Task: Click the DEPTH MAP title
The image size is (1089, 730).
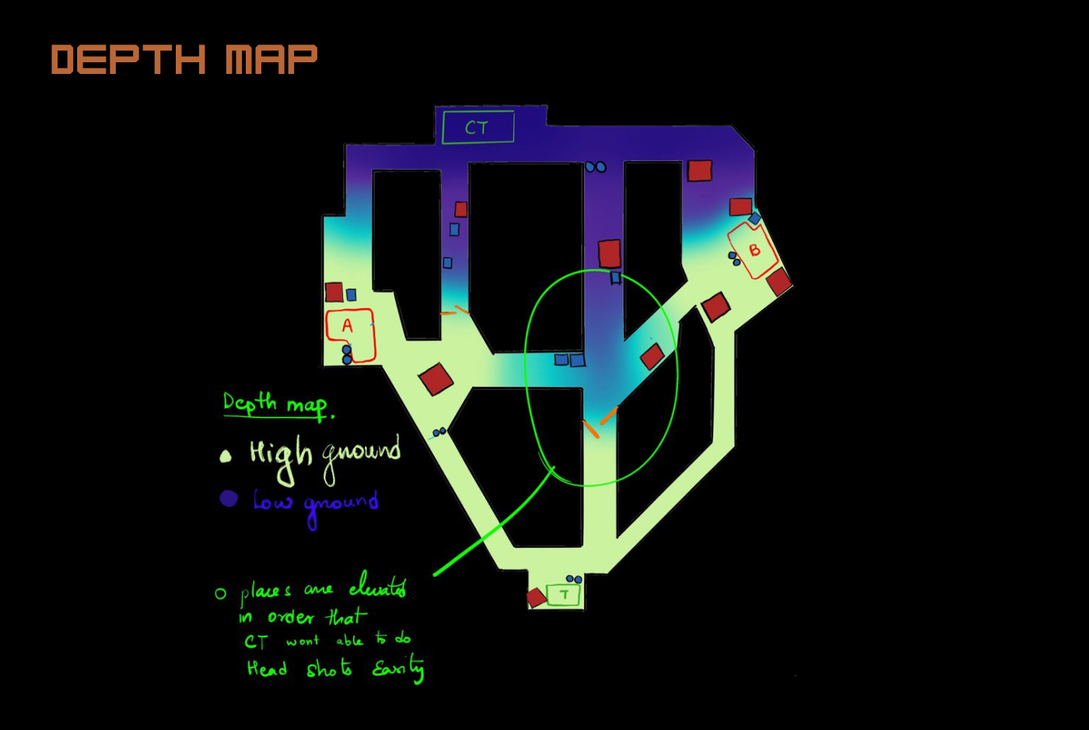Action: coord(184,60)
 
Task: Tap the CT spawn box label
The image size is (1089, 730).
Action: coord(477,128)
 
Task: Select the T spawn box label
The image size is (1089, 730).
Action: coord(564,595)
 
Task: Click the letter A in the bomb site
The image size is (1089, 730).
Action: coord(347,326)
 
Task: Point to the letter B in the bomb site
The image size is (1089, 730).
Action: coord(754,251)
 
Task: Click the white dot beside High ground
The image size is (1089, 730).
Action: coord(226,456)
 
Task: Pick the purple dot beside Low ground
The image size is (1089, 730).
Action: coord(228,498)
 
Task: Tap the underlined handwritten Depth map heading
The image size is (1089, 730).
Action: coord(276,404)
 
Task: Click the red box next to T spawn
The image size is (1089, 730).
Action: coord(536,598)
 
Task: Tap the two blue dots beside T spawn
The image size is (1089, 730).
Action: coord(573,579)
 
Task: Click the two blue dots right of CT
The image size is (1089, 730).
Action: coord(596,167)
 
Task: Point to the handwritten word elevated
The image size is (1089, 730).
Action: coord(377,585)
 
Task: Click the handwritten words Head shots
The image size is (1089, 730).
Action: coord(299,669)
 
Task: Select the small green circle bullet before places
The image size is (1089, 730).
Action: coord(220,594)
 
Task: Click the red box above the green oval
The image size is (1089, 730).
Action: coord(609,254)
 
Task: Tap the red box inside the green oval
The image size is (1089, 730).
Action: coord(652,356)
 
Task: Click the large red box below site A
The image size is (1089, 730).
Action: coord(436,379)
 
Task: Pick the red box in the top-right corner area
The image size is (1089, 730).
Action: coord(699,170)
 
